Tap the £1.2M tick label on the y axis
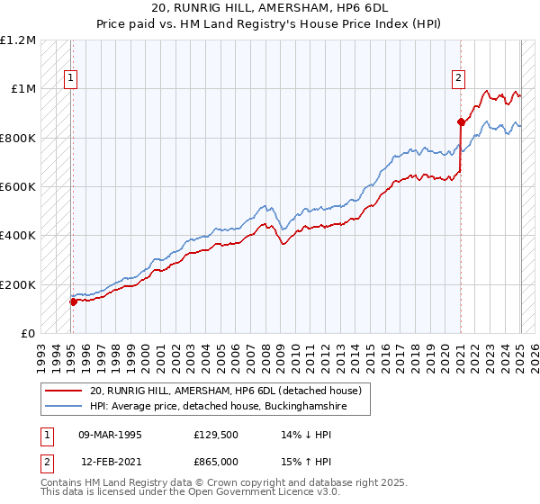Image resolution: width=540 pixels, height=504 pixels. point(18,40)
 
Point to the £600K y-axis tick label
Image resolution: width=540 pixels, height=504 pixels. point(18,187)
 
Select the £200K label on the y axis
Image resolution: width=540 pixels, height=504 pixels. point(18,284)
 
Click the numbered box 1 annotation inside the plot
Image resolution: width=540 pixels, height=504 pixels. point(70,79)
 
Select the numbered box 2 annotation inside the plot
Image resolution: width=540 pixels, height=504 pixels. point(458,79)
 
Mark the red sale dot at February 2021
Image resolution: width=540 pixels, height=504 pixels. point(461,121)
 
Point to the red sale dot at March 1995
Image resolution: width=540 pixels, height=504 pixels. point(74,301)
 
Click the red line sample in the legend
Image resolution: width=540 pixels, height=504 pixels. point(64,391)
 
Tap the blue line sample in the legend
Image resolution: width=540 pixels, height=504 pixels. point(64,406)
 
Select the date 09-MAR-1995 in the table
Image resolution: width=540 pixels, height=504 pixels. point(110,434)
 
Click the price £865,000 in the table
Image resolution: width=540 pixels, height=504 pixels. point(218,462)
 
